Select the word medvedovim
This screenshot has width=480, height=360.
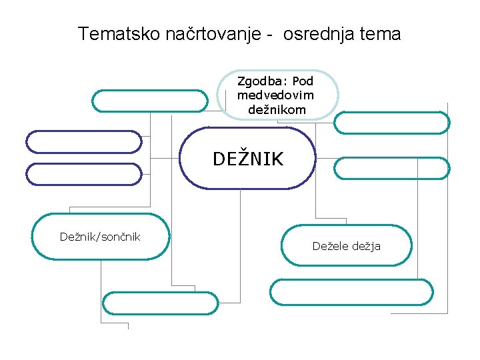pyautogui.click(x=276, y=95)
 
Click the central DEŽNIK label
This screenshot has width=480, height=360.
pyautogui.click(x=248, y=159)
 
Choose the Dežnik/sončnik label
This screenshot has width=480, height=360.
pyautogui.click(x=100, y=237)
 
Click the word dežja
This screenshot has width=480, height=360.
pyautogui.click(x=366, y=246)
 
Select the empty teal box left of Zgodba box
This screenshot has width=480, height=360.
pyautogui.click(x=150, y=101)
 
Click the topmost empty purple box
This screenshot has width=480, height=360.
pyautogui.click(x=84, y=141)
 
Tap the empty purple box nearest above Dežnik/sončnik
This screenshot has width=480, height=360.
pyautogui.click(x=84, y=173)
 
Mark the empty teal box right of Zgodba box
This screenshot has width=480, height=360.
pyautogui.click(x=392, y=123)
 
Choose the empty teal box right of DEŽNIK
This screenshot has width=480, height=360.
pyautogui.click(x=392, y=168)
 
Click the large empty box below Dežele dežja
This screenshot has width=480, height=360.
pyautogui.click(x=351, y=291)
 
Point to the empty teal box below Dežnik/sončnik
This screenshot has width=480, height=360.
pyautogui.click(x=160, y=303)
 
